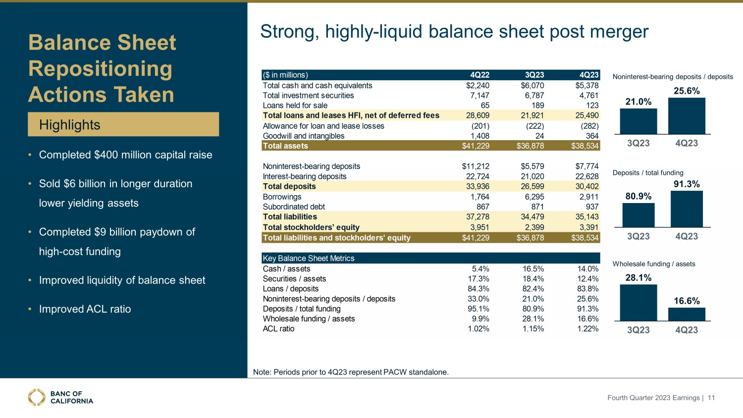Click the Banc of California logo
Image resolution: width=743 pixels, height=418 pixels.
click(60, 397)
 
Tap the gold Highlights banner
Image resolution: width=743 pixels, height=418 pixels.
click(123, 124)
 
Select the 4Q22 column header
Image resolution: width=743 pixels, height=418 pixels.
click(479, 75)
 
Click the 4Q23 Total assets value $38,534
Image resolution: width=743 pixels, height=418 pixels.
click(584, 146)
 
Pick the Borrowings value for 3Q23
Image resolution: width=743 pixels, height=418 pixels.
click(533, 197)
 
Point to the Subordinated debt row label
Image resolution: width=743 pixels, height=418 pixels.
click(294, 207)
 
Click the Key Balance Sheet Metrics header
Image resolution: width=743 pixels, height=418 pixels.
click(309, 258)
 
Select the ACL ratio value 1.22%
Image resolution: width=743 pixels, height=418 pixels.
click(587, 329)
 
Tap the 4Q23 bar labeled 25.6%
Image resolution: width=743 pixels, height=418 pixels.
click(687, 116)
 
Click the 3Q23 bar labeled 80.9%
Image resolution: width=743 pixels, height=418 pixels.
click(638, 215)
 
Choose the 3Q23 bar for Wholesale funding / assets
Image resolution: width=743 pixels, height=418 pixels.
click(638, 303)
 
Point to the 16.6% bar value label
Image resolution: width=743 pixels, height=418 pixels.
click(687, 301)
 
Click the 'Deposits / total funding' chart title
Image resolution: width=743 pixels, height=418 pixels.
click(648, 173)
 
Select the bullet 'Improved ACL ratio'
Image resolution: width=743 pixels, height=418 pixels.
click(85, 309)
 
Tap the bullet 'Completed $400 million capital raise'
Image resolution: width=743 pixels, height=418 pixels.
click(125, 155)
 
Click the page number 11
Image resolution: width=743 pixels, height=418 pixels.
click(711, 398)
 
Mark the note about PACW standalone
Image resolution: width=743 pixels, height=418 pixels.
click(351, 372)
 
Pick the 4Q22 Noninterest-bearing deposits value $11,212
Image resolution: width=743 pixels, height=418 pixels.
click(476, 166)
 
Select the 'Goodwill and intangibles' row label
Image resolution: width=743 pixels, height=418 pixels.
click(303, 136)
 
